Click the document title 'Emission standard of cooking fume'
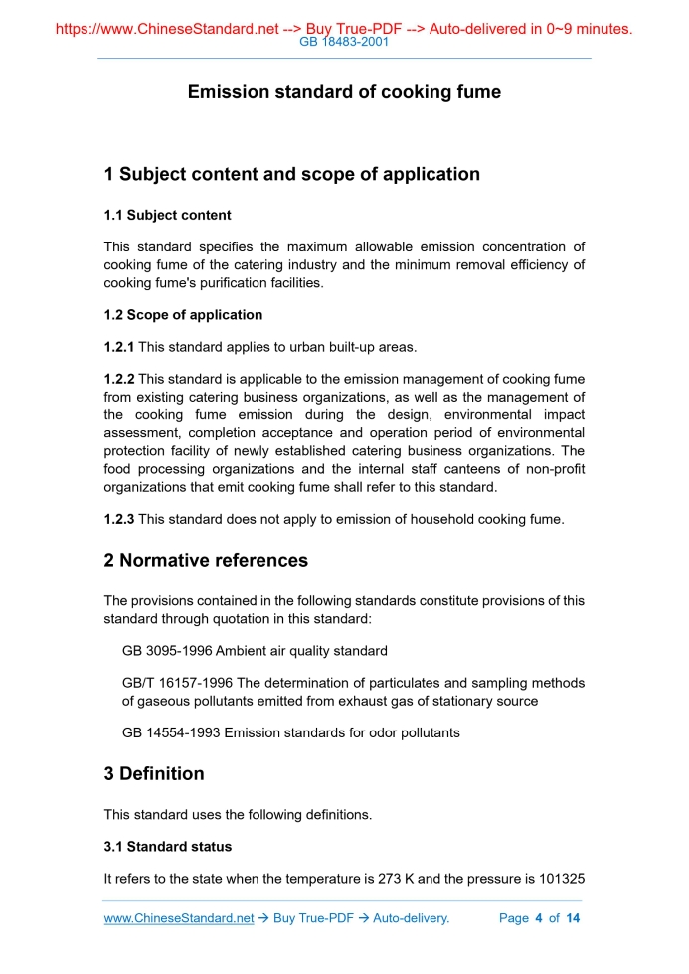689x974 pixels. [x=344, y=92]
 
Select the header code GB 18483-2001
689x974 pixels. [x=344, y=43]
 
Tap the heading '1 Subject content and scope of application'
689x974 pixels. [x=291, y=174]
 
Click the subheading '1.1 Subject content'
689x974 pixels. [x=167, y=215]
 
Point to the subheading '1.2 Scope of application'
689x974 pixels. [x=183, y=315]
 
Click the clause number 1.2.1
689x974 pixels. [x=119, y=347]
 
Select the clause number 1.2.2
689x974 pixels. [x=119, y=379]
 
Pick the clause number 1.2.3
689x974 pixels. [x=119, y=519]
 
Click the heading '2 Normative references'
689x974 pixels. [x=206, y=560]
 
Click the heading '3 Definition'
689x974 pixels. [x=154, y=773]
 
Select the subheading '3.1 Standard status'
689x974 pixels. [x=167, y=847]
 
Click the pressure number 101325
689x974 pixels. [x=560, y=879]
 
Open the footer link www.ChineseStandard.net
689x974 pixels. [x=179, y=918]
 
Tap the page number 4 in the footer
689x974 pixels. [x=538, y=918]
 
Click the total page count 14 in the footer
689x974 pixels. [x=573, y=918]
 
